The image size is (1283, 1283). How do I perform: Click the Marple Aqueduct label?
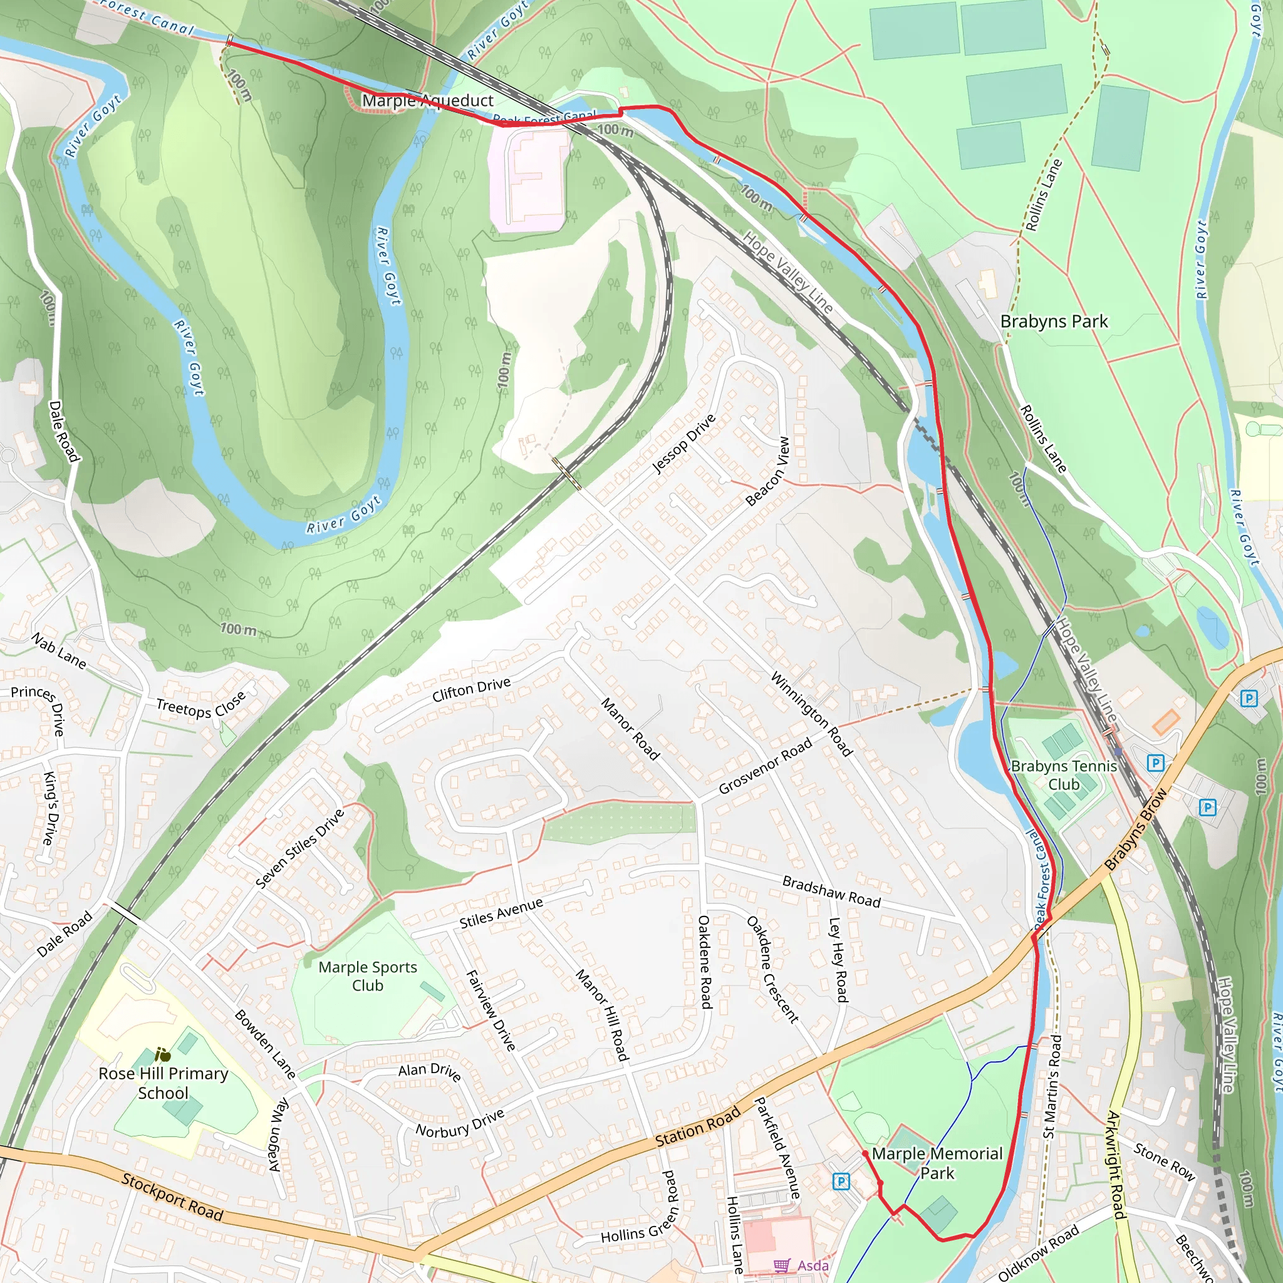pos(427,101)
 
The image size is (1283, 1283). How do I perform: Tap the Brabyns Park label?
pos(1053,321)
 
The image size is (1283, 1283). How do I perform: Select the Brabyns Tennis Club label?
pos(1064,775)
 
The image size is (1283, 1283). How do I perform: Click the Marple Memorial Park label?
pos(937,1163)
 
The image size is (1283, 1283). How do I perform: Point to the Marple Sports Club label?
pos(367,976)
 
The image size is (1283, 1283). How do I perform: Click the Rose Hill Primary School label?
pos(164,1083)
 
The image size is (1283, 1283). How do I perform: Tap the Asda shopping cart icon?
pos(782,1265)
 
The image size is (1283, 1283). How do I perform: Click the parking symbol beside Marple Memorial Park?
pos(841,1181)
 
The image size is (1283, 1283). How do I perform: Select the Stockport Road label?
pos(172,1197)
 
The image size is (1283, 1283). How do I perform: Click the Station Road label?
pos(697,1127)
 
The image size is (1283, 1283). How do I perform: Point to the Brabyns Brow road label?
pos(1135,829)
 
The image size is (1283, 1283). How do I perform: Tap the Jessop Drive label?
pos(683,444)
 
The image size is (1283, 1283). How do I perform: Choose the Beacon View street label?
pos(767,472)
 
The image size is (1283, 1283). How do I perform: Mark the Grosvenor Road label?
pos(765,766)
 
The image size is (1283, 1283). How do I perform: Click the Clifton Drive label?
pos(471,690)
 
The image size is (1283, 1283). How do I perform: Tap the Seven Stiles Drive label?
pos(300,849)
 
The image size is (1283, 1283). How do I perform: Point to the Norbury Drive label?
pos(460,1123)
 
